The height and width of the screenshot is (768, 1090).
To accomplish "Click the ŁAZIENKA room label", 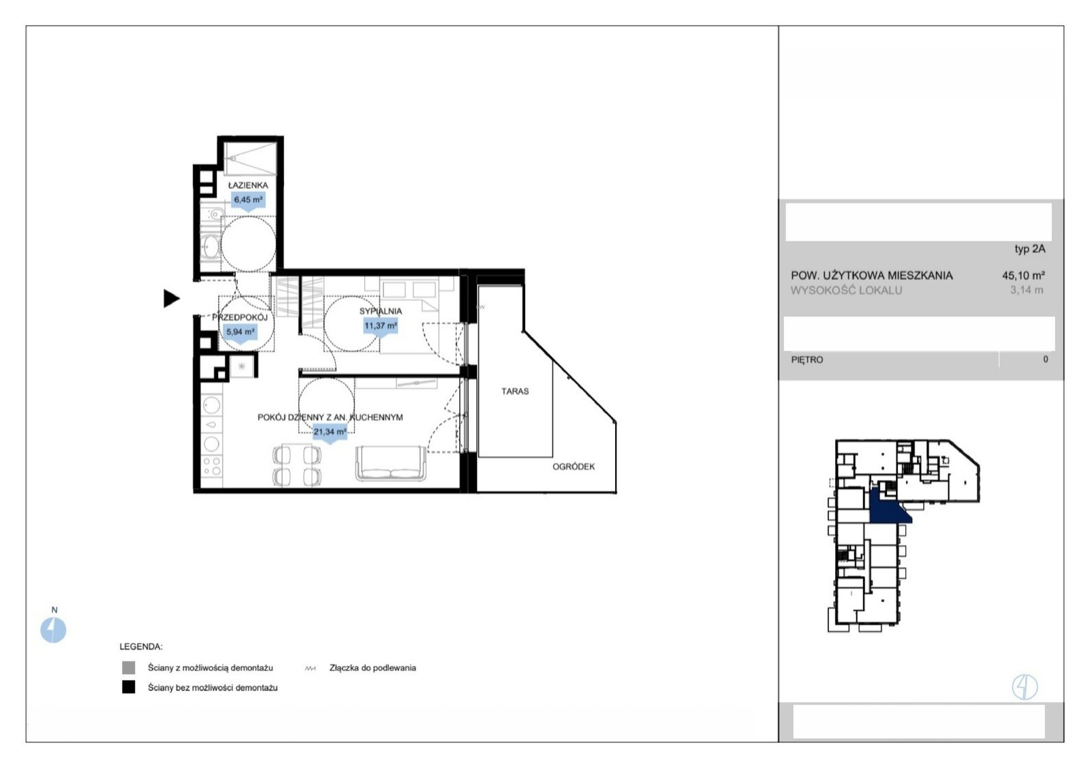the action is pyautogui.click(x=248, y=185).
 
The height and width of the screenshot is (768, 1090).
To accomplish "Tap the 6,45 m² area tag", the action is pyautogui.click(x=248, y=199).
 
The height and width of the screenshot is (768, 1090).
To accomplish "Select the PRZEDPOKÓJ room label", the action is pyautogui.click(x=240, y=317).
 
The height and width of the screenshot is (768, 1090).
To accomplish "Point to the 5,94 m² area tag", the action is pyautogui.click(x=240, y=332).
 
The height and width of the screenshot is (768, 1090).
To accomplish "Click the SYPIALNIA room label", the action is pyautogui.click(x=381, y=311).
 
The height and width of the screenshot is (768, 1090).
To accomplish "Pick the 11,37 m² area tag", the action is pyautogui.click(x=381, y=325).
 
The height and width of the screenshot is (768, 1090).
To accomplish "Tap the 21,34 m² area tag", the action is pyautogui.click(x=330, y=432).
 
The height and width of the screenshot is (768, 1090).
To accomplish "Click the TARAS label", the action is pyautogui.click(x=515, y=391).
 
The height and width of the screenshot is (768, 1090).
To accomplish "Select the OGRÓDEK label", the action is pyautogui.click(x=573, y=466).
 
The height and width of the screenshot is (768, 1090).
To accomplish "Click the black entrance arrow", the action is pyautogui.click(x=171, y=298).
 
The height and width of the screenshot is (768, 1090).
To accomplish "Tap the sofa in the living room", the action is pyautogui.click(x=391, y=464).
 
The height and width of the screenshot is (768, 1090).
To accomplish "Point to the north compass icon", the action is pyautogui.click(x=53, y=630).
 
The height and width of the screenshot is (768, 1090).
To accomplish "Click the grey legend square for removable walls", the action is pyautogui.click(x=129, y=667).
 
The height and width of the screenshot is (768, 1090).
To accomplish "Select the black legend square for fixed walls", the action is pyautogui.click(x=129, y=687).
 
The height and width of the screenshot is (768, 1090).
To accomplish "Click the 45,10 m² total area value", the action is pyautogui.click(x=1023, y=275).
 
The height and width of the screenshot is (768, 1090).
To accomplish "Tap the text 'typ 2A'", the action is pyautogui.click(x=1029, y=249).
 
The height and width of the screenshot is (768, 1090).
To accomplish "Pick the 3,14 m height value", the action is pyautogui.click(x=1027, y=290).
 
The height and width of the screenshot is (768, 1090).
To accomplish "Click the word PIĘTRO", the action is pyautogui.click(x=807, y=360).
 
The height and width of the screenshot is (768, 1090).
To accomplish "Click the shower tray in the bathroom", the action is pyautogui.click(x=250, y=159).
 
